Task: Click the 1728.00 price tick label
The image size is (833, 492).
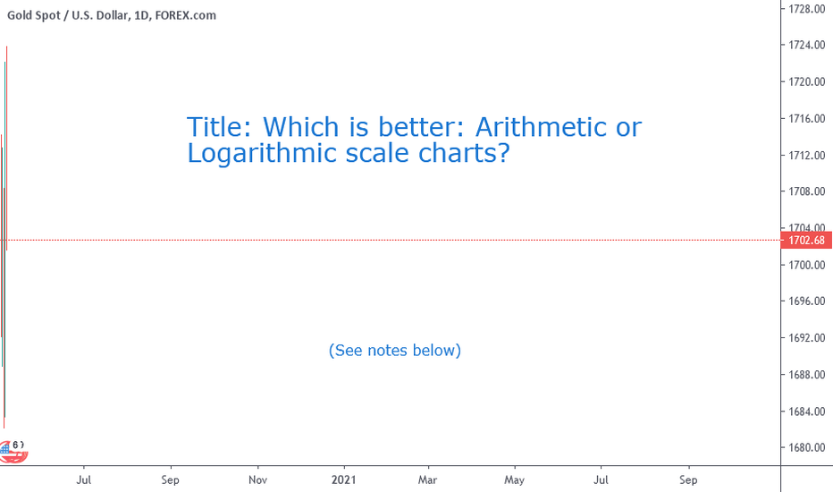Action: (x=806, y=9)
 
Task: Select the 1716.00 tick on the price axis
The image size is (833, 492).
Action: (x=806, y=119)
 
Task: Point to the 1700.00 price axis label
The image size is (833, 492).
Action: (x=806, y=265)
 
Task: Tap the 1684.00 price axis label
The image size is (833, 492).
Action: (x=806, y=411)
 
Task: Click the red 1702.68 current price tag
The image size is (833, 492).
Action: (x=806, y=241)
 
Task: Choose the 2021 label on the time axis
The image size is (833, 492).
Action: (x=344, y=479)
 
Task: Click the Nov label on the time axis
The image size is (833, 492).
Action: (x=257, y=479)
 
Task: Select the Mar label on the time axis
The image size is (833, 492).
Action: (x=427, y=479)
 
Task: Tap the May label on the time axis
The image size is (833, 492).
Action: (x=514, y=480)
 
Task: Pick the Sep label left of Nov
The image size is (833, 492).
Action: (x=171, y=479)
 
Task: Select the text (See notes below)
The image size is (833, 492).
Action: (x=395, y=351)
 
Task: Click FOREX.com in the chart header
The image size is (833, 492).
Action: (x=185, y=15)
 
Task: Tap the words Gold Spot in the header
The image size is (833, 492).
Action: (x=34, y=15)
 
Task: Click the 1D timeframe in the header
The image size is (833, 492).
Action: (x=141, y=15)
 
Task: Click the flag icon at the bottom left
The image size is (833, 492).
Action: (x=12, y=452)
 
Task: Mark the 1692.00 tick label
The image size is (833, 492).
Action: (x=806, y=338)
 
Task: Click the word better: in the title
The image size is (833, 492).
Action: (x=424, y=127)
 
